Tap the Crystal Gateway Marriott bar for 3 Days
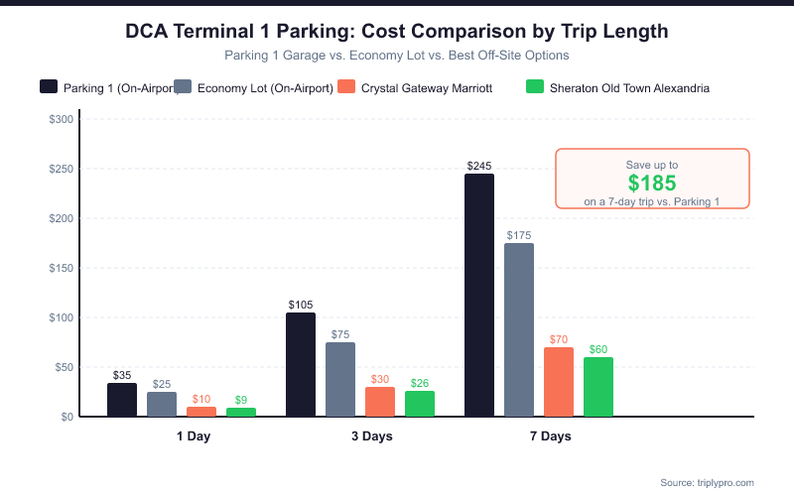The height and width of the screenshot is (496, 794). (380, 402)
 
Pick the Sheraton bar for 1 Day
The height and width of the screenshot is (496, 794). (241, 412)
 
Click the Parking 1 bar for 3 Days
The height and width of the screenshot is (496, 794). (301, 364)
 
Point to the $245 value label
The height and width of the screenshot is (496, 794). (479, 166)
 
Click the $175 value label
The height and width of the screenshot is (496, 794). (519, 235)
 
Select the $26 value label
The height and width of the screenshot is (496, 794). (420, 383)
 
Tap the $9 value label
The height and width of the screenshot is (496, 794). (241, 400)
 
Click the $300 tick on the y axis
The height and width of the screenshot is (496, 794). (61, 119)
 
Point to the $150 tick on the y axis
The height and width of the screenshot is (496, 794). (61, 268)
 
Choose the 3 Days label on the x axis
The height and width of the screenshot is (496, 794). (371, 436)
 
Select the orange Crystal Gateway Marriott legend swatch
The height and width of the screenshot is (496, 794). (346, 87)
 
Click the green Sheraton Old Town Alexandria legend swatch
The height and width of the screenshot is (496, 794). (532, 87)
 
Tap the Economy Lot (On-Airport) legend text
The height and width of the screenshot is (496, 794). (265, 88)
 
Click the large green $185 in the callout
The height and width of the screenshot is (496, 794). (652, 183)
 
